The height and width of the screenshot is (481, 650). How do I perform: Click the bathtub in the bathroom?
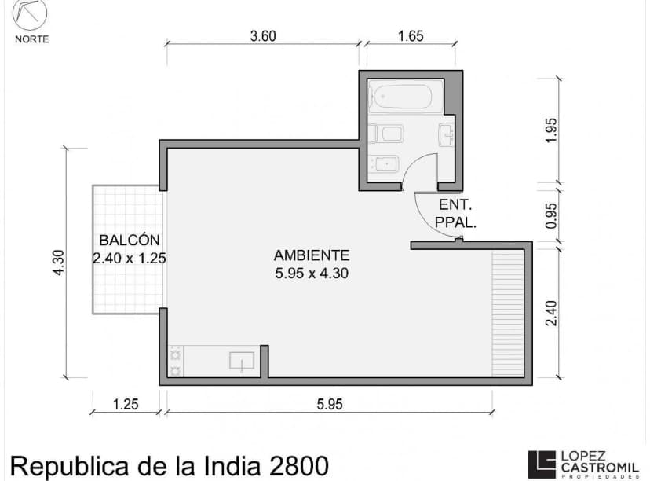(x=401, y=98)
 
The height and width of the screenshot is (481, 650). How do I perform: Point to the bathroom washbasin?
(x=448, y=135)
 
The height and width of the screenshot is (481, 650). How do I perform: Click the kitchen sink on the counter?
(x=242, y=362)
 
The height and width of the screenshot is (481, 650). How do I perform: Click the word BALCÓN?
(x=130, y=240)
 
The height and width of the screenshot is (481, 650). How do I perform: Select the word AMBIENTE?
(x=311, y=255)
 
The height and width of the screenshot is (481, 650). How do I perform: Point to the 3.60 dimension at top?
(x=263, y=35)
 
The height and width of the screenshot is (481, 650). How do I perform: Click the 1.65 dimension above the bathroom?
(x=411, y=35)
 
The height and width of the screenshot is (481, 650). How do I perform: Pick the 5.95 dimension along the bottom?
(x=330, y=405)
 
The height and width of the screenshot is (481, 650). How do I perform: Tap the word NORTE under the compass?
(x=31, y=39)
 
